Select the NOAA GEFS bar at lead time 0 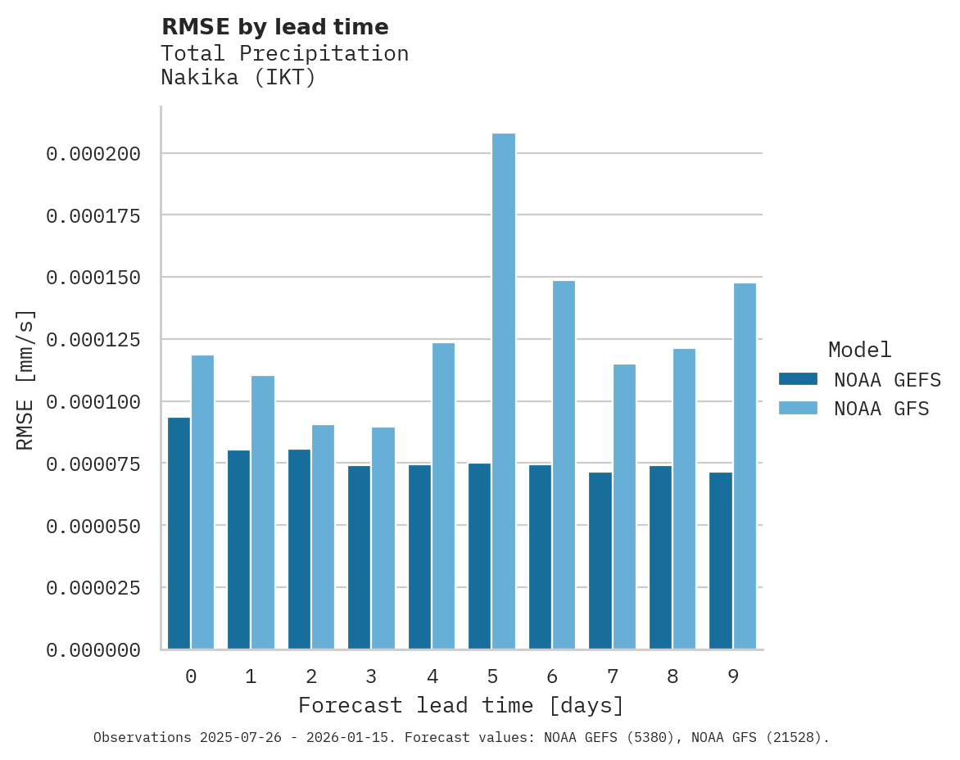point(179,533)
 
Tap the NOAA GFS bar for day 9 point(745,466)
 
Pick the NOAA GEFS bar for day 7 point(600,560)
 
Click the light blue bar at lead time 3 point(383,538)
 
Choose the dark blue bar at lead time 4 point(419,557)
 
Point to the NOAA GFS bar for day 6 point(564,464)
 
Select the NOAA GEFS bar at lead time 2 point(299,549)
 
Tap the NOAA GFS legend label point(881,408)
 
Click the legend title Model point(859,350)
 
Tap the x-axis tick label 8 point(672,676)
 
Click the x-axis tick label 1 point(251,676)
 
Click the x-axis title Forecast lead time point(460,705)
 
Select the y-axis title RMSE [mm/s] point(25,379)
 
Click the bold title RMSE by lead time point(274,27)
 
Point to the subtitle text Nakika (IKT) point(238,78)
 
